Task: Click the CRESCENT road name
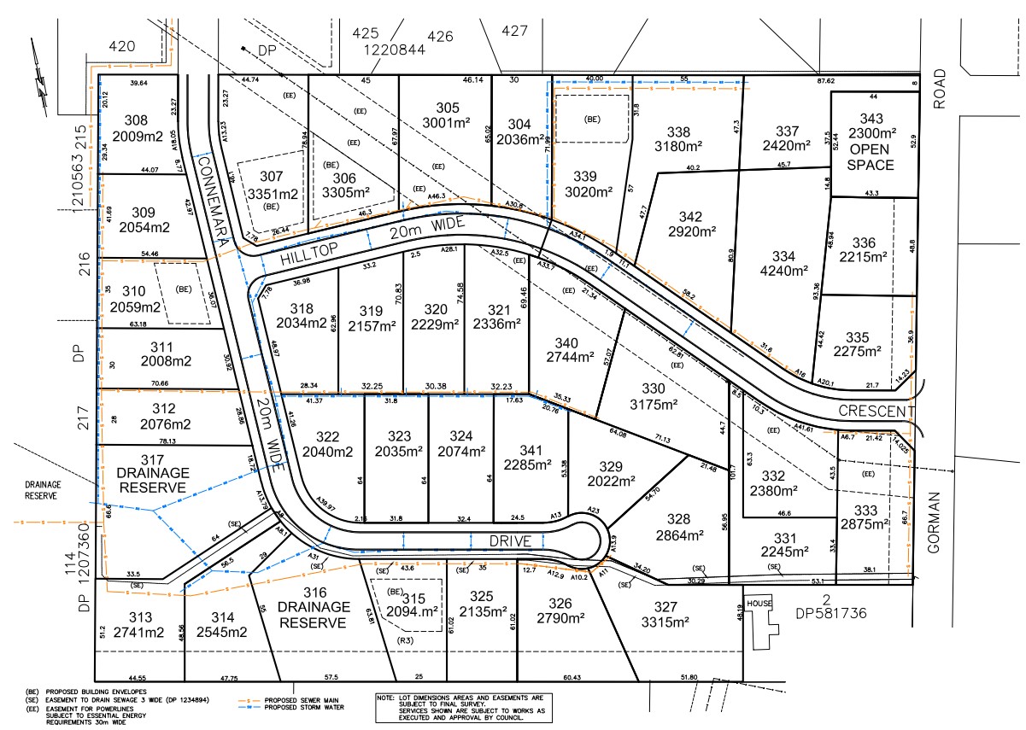(876, 412)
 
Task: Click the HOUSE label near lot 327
(759, 603)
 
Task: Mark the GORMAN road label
(934, 522)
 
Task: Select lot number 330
(654, 388)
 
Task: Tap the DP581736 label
(832, 612)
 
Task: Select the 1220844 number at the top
(395, 50)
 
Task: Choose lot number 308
(136, 120)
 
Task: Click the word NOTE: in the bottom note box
(386, 698)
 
